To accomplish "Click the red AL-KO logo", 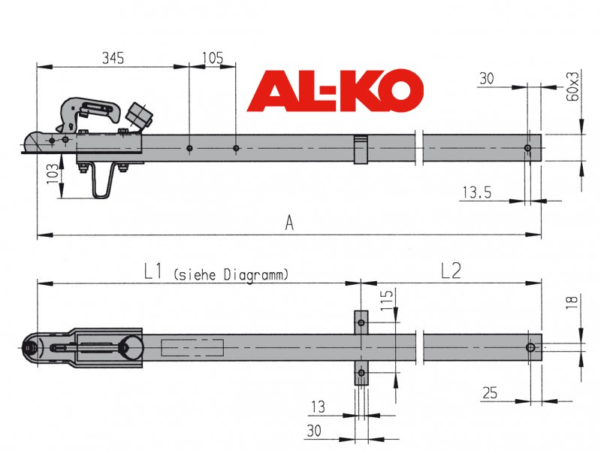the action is click(x=335, y=90).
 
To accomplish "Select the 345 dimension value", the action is click(x=113, y=59).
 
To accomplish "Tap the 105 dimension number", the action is click(x=213, y=59).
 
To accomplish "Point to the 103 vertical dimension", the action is click(x=53, y=174).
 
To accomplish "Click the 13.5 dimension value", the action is click(x=477, y=192).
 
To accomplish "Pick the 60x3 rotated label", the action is click(x=572, y=86).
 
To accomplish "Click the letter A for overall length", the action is click(x=289, y=222).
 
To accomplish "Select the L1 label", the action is click(x=153, y=271).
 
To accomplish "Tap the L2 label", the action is click(x=451, y=271).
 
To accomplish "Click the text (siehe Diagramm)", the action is click(x=231, y=275).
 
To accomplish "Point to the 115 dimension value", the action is click(x=387, y=299).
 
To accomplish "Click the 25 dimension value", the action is click(x=490, y=393).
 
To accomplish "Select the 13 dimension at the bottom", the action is click(x=318, y=407).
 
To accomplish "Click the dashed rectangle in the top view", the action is click(x=192, y=347).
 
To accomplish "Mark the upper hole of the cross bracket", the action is click(x=361, y=322).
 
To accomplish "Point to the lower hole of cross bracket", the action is click(x=361, y=372).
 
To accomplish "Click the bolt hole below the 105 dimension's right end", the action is click(x=236, y=148).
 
